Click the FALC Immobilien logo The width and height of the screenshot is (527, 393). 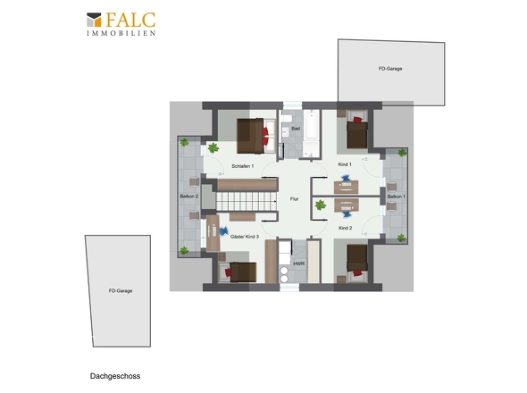(x=121, y=24)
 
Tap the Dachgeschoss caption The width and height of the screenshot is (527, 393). (x=115, y=376)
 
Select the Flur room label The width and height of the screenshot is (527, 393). (x=294, y=199)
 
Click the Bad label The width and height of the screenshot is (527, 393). (x=296, y=129)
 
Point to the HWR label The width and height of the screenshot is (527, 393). (x=299, y=263)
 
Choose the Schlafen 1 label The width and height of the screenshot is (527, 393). (x=243, y=166)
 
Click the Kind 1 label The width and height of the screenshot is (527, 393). (x=345, y=164)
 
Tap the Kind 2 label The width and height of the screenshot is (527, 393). (x=345, y=228)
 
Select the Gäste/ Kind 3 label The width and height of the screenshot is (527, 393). (x=245, y=237)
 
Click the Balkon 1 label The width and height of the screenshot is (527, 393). (x=397, y=196)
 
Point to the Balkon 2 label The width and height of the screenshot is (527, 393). (x=189, y=196)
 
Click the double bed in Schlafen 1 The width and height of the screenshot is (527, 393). (x=256, y=136)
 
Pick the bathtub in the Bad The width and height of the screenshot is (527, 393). (x=311, y=124)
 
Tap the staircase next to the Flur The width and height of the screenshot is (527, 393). (x=247, y=201)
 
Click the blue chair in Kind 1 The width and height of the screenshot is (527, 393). (x=346, y=178)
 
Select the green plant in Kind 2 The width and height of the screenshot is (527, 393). (x=321, y=205)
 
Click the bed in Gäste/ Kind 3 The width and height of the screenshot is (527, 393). (x=238, y=272)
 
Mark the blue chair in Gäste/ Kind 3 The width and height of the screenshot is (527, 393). (x=223, y=231)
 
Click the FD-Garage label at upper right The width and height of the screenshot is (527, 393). (x=390, y=69)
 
